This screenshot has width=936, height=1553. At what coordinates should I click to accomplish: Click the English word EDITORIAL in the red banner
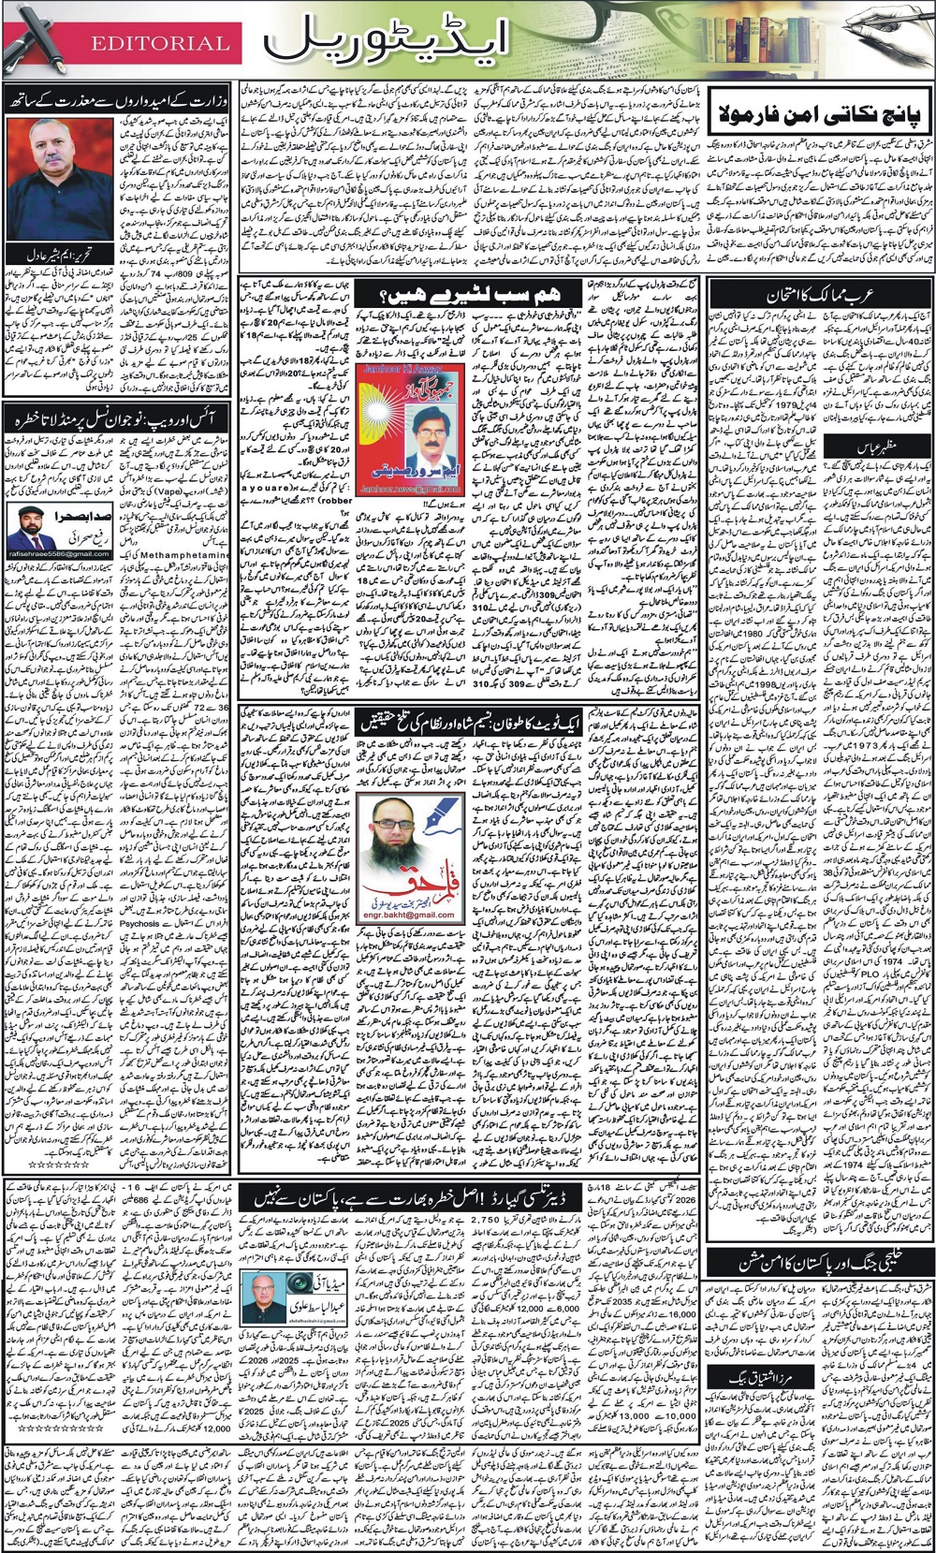(x=160, y=43)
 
